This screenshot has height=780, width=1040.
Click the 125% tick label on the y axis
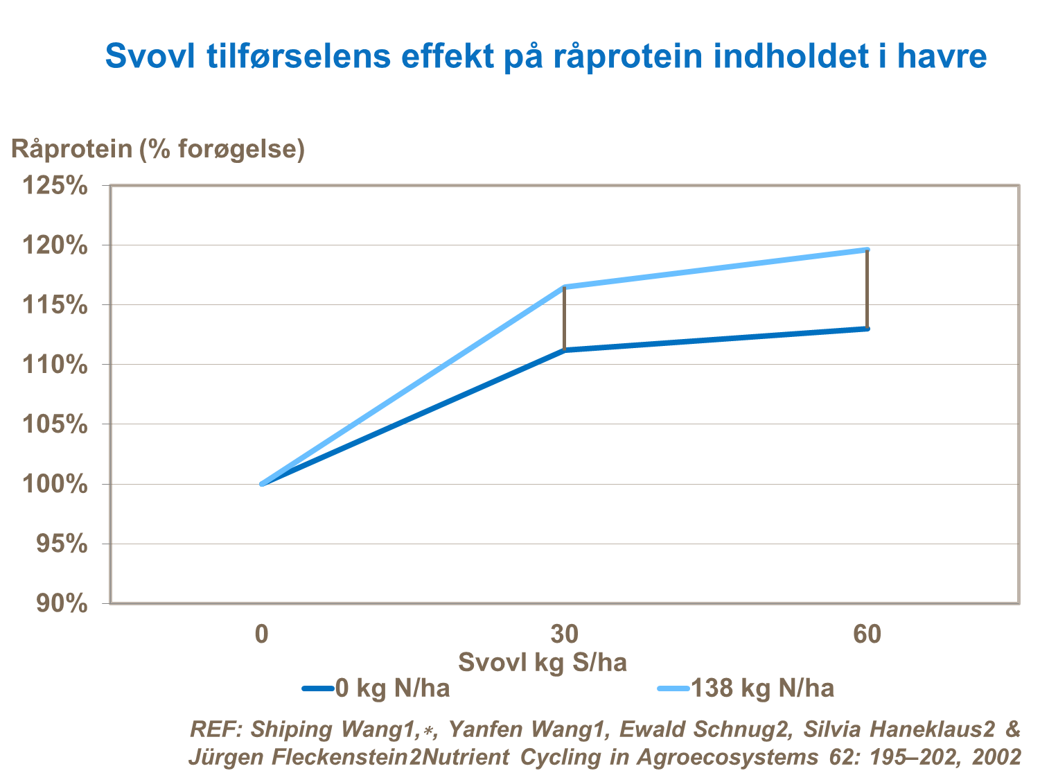coord(55,186)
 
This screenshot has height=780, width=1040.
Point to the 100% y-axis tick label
coord(55,484)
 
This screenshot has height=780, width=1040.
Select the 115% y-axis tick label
coord(55,305)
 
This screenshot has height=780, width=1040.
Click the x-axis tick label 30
coord(565,634)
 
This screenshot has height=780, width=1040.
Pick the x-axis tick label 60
coord(867,634)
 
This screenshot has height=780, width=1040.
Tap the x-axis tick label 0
coord(261,634)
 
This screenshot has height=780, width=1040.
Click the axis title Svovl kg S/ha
coord(543,662)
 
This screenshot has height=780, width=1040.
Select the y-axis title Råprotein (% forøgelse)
coord(158,149)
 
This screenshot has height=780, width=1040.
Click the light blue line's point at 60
coord(867,250)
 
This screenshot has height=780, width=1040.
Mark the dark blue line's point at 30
coord(565,350)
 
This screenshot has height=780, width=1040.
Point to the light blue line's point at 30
coord(565,287)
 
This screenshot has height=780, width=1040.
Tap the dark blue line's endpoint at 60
coord(867,329)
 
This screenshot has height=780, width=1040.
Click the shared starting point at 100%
coord(262,484)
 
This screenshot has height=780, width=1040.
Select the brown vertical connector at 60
coord(867,289)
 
